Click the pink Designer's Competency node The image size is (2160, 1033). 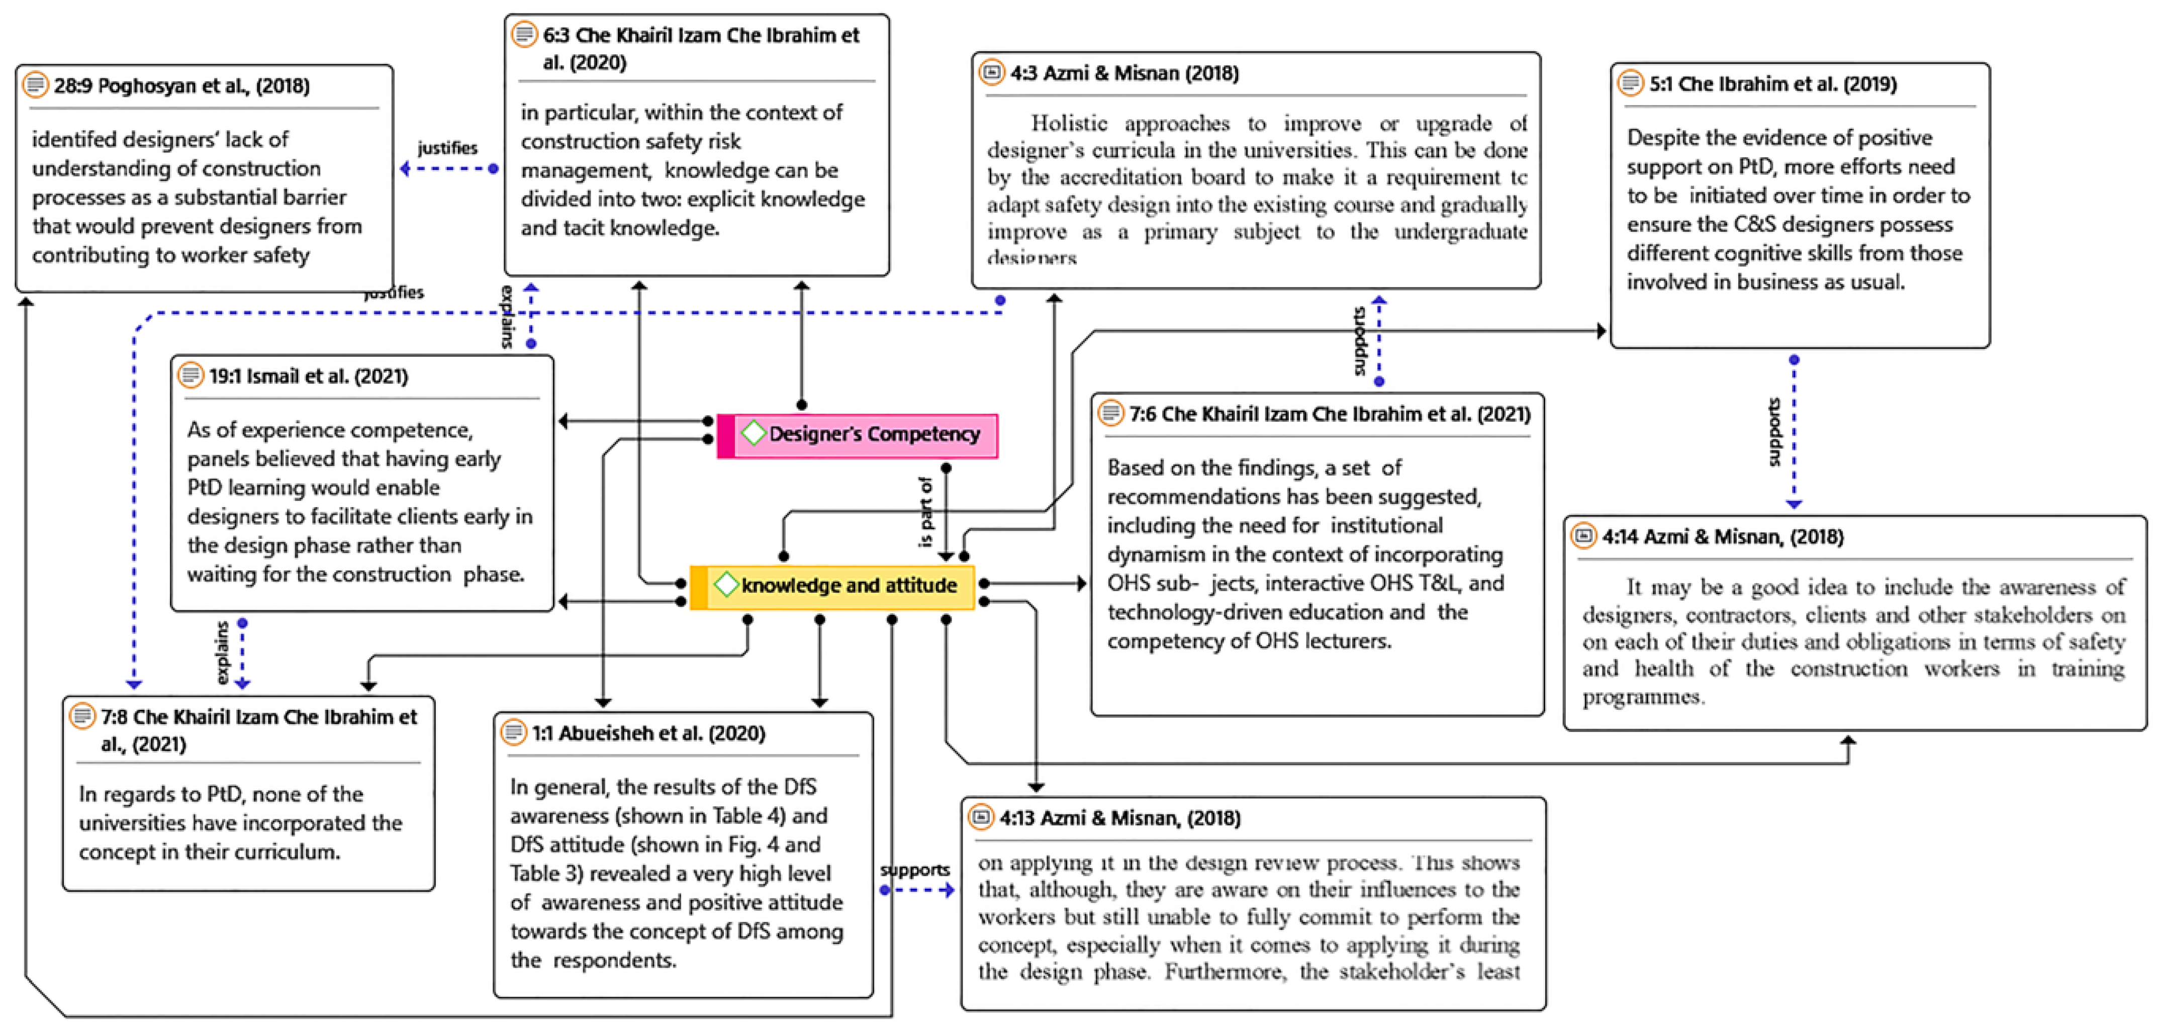click(x=858, y=434)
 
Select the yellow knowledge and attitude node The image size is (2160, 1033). click(x=832, y=585)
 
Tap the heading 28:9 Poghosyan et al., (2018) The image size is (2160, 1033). click(x=181, y=85)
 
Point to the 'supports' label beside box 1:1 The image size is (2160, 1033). click(x=915, y=870)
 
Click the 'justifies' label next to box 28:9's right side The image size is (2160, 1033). click(x=448, y=148)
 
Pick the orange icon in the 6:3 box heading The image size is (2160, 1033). click(x=524, y=34)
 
